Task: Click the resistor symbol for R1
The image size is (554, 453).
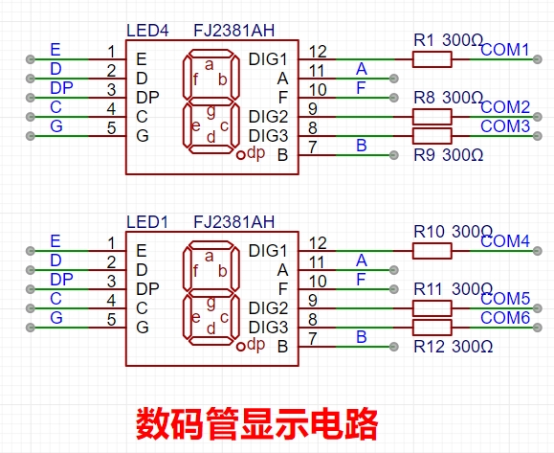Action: (x=432, y=59)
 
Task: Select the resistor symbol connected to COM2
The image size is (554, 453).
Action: (x=432, y=117)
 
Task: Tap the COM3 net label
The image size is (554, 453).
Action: (x=505, y=126)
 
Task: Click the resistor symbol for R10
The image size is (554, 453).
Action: (x=432, y=251)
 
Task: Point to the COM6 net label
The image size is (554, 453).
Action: (x=505, y=318)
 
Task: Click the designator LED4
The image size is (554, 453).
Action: (x=147, y=31)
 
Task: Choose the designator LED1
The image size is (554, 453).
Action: (x=147, y=222)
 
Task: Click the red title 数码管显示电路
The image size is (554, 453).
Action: (x=257, y=423)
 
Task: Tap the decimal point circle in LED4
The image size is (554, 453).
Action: (x=240, y=155)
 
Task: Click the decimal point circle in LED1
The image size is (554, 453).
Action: (x=240, y=347)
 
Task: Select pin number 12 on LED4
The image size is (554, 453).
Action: (x=318, y=52)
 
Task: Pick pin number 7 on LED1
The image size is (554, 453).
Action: (x=313, y=339)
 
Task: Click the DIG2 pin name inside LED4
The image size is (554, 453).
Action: (x=268, y=117)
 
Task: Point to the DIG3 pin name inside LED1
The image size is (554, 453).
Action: (x=268, y=328)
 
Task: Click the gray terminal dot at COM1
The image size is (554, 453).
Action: (x=538, y=59)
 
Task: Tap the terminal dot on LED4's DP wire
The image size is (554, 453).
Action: (x=31, y=98)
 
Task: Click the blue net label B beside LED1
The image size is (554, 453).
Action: (x=361, y=337)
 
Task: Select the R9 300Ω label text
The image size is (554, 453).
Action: (x=449, y=155)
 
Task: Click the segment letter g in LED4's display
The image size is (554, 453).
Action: (x=211, y=111)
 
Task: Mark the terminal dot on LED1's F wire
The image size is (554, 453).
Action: (x=394, y=289)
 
